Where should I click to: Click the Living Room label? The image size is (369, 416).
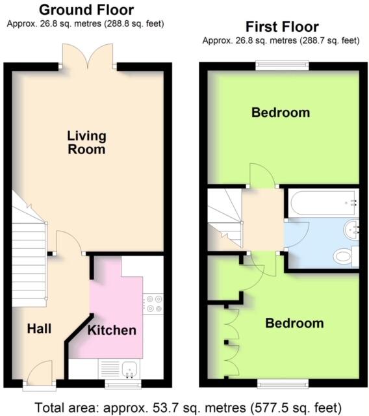pos(86,142)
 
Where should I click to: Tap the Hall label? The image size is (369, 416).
pos(39,329)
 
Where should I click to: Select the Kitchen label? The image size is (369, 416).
pos(112,330)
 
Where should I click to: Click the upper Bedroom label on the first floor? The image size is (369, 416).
pos(281,112)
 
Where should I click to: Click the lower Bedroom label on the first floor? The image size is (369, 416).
pos(294,323)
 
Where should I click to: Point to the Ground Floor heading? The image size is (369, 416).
pos(86,10)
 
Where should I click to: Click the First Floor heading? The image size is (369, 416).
pos(281,27)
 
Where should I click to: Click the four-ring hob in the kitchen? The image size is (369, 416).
pos(154,303)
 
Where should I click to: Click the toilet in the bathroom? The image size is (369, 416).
pos(344,256)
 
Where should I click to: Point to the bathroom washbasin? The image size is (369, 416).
pos(351,228)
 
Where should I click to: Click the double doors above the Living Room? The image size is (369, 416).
pos(89,55)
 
